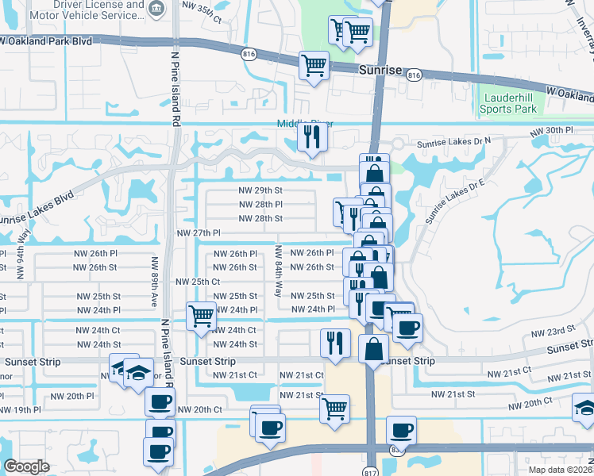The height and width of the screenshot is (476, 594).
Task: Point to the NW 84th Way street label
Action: tap(278, 271)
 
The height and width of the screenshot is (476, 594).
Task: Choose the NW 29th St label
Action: tap(260, 190)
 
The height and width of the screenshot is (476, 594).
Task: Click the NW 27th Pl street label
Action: tap(199, 232)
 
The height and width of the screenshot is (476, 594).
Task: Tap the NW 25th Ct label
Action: tap(197, 282)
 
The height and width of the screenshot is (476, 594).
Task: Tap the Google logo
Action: tap(26, 466)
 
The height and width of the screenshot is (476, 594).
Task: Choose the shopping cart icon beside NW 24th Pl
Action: tap(201, 316)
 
